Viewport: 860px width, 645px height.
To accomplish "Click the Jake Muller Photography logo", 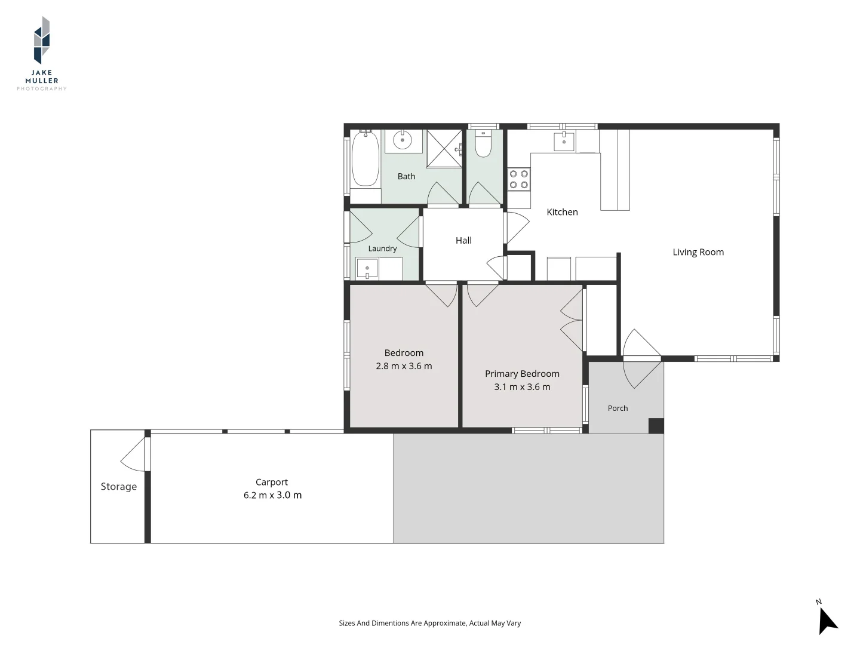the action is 42,53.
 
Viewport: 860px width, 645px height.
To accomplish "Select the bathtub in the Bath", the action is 365,159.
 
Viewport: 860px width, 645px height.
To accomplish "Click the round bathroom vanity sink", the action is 403,140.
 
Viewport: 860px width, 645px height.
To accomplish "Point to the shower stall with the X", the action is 444,149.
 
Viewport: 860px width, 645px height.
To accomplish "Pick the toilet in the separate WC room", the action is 483,143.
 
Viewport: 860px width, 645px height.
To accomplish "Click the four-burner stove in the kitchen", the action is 519,179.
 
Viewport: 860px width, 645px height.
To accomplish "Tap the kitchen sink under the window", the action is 564,142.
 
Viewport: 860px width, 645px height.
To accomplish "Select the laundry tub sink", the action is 367,268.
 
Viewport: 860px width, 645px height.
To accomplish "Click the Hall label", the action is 463,241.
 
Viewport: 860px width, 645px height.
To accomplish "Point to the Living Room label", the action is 698,252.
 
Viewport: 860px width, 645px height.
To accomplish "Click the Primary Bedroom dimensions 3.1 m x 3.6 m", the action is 522,387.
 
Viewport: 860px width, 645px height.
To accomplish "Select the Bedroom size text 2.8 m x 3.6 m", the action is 404,366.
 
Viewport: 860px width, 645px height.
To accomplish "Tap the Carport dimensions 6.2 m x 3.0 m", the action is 273,495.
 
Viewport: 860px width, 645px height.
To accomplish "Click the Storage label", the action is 119,487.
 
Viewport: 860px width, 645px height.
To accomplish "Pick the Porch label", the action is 618,408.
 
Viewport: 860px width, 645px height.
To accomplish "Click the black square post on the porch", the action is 656,426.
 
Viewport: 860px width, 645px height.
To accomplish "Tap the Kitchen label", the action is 562,212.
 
